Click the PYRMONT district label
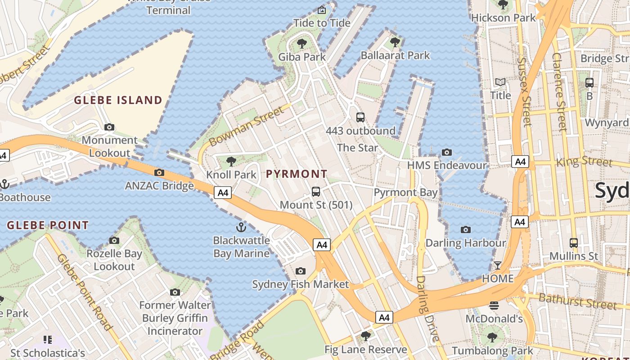(297, 174)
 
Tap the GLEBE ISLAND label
(118, 100)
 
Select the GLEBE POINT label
(48, 225)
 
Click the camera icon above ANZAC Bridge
(159, 172)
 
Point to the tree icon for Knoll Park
(231, 161)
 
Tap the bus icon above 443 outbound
(360, 117)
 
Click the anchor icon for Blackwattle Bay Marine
(241, 227)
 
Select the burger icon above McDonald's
(494, 306)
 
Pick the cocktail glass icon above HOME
(497, 265)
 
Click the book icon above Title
(500, 82)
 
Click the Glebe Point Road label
(84, 292)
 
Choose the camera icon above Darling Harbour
(466, 230)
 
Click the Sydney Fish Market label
(300, 284)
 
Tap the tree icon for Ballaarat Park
(395, 42)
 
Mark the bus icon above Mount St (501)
(316, 192)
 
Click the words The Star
(357, 148)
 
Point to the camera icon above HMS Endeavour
(446, 152)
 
